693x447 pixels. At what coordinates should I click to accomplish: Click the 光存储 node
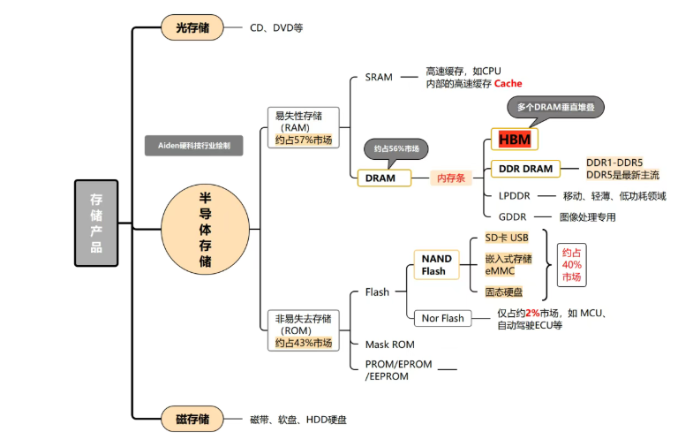click(x=192, y=27)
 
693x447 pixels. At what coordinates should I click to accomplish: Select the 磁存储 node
click(x=192, y=419)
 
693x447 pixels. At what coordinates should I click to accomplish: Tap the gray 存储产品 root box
click(x=96, y=223)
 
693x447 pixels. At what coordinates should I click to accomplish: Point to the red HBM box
click(x=515, y=140)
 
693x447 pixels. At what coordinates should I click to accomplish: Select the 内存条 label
click(x=451, y=178)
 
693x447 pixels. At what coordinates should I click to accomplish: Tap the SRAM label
click(x=379, y=77)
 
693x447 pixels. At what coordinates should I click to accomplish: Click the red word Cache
click(x=508, y=84)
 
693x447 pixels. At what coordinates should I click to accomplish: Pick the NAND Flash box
click(x=436, y=264)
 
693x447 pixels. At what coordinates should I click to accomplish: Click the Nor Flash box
click(x=441, y=318)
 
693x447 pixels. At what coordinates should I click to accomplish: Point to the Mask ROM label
click(x=389, y=344)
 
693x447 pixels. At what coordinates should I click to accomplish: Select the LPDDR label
click(x=513, y=195)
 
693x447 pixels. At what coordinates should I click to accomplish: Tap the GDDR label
click(x=512, y=216)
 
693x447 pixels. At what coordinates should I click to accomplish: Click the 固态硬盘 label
click(x=503, y=292)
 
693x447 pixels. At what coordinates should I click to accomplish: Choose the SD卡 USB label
click(x=507, y=238)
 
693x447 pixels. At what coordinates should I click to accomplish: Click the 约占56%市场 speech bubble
click(x=395, y=148)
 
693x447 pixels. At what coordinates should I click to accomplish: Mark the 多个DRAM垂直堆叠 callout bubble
click(x=555, y=108)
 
